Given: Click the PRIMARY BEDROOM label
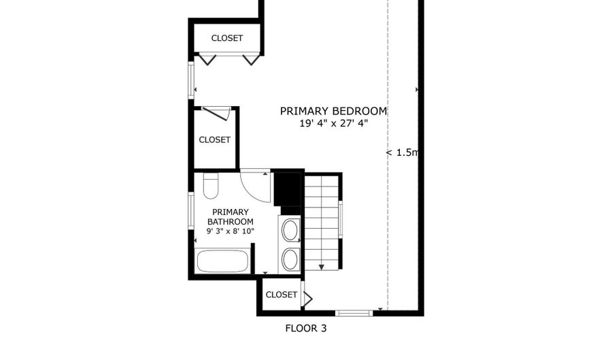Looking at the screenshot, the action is [333, 112].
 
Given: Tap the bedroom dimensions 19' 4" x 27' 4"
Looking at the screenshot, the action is [334, 124].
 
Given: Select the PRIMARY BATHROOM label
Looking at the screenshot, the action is [231, 216].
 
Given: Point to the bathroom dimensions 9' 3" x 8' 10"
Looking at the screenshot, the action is [231, 231].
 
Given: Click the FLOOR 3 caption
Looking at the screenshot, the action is [306, 329].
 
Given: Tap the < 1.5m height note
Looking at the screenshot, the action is [402, 152].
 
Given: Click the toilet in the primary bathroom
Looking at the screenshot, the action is [211, 186].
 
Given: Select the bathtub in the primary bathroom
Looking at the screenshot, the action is [222, 261].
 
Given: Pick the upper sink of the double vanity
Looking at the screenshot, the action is [290, 230].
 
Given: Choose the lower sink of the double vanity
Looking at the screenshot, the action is [290, 260].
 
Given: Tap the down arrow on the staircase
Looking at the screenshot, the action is [321, 267].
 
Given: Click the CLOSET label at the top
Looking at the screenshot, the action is [227, 38].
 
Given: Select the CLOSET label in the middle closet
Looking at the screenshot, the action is [215, 140].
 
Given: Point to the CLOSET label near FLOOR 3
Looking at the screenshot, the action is [282, 295].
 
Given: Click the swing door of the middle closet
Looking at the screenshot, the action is [216, 113].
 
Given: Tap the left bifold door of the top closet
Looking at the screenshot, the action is [207, 59].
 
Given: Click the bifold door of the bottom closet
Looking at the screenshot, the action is [307, 299].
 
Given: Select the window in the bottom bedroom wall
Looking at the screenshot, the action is [354, 313].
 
